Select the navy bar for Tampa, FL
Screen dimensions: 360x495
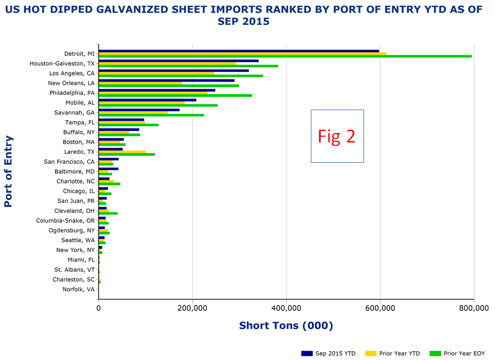click(121, 119)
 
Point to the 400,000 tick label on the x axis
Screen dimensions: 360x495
click(286, 308)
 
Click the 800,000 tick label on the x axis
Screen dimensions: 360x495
click(473, 308)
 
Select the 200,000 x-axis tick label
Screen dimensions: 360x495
click(192, 308)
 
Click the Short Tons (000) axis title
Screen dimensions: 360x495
click(286, 325)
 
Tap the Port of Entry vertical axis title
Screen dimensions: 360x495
click(8, 172)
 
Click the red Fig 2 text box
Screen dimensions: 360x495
click(337, 136)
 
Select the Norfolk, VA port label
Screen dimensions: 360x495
click(78, 289)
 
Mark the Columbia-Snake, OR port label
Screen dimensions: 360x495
click(65, 221)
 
